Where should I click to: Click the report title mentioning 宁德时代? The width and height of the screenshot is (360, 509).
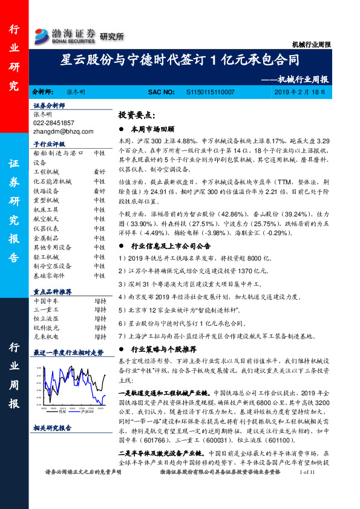(x=180, y=60)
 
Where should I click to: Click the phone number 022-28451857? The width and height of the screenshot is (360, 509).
(x=54, y=122)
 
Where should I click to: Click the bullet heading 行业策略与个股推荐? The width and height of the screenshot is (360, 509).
(x=163, y=349)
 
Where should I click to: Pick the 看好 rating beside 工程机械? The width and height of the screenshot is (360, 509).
(x=99, y=172)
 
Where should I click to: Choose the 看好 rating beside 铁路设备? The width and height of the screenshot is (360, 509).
(x=99, y=191)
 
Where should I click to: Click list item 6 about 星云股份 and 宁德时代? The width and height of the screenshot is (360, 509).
(x=182, y=324)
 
